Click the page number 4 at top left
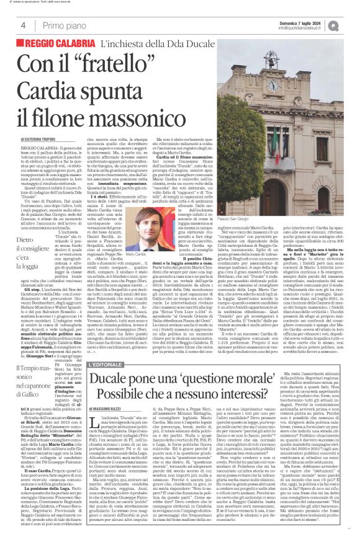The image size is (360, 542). click(x=14, y=24)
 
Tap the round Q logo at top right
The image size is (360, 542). click(x=352, y=24)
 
